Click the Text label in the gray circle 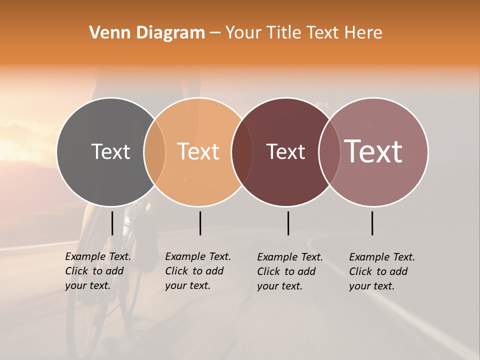(110, 151)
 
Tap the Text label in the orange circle (198, 151)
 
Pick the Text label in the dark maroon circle (285, 151)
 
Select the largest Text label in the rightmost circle (373, 151)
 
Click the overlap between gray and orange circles (154, 151)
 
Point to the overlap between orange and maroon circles (241, 151)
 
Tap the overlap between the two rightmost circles (328, 151)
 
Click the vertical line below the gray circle (112, 223)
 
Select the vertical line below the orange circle (200, 223)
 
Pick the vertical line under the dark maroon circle (288, 223)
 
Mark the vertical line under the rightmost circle (372, 223)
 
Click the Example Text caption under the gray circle (98, 271)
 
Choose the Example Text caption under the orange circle (198, 271)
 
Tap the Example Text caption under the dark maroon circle (290, 271)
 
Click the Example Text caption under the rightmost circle (382, 271)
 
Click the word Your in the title (243, 32)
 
